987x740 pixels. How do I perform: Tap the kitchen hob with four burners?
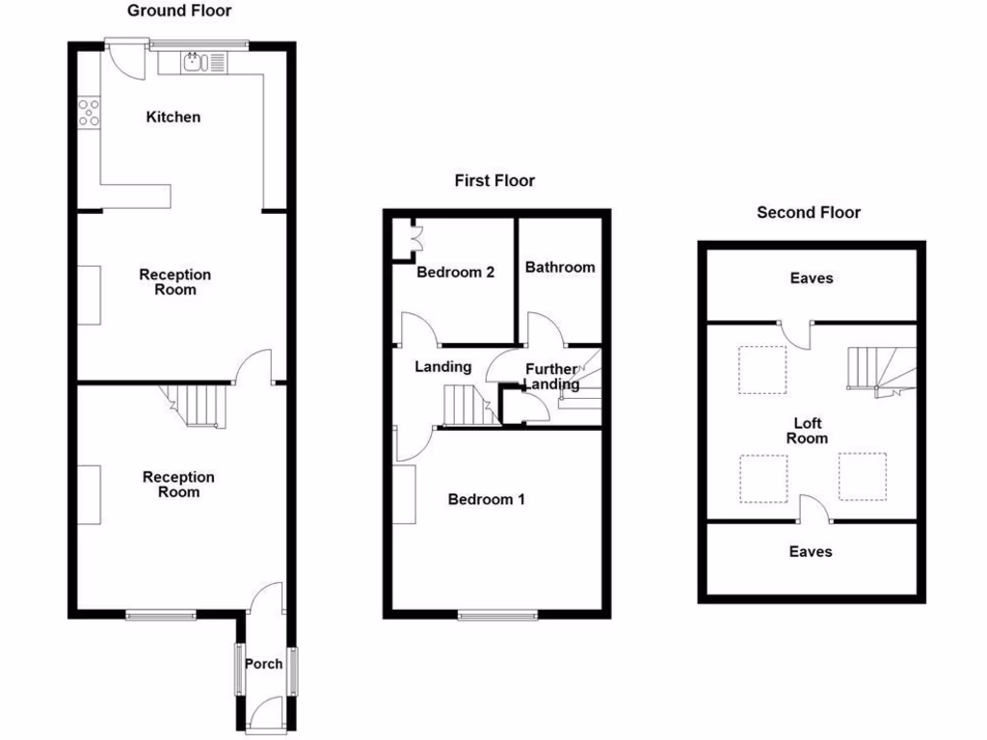[89, 113]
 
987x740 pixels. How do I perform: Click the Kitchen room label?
[173, 117]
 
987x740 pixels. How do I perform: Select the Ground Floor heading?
[179, 11]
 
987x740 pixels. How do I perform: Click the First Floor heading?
[494, 180]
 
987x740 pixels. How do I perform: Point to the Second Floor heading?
[808, 212]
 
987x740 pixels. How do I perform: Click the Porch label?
[263, 663]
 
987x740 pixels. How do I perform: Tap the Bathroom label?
[560, 267]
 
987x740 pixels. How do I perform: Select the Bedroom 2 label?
[455, 272]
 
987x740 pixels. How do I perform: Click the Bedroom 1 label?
[487, 499]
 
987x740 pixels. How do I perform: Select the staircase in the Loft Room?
[877, 369]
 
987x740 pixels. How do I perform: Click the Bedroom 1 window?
[497, 615]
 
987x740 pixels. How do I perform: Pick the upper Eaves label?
[811, 277]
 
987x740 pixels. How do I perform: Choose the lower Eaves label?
[811, 551]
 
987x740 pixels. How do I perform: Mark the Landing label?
[442, 366]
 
